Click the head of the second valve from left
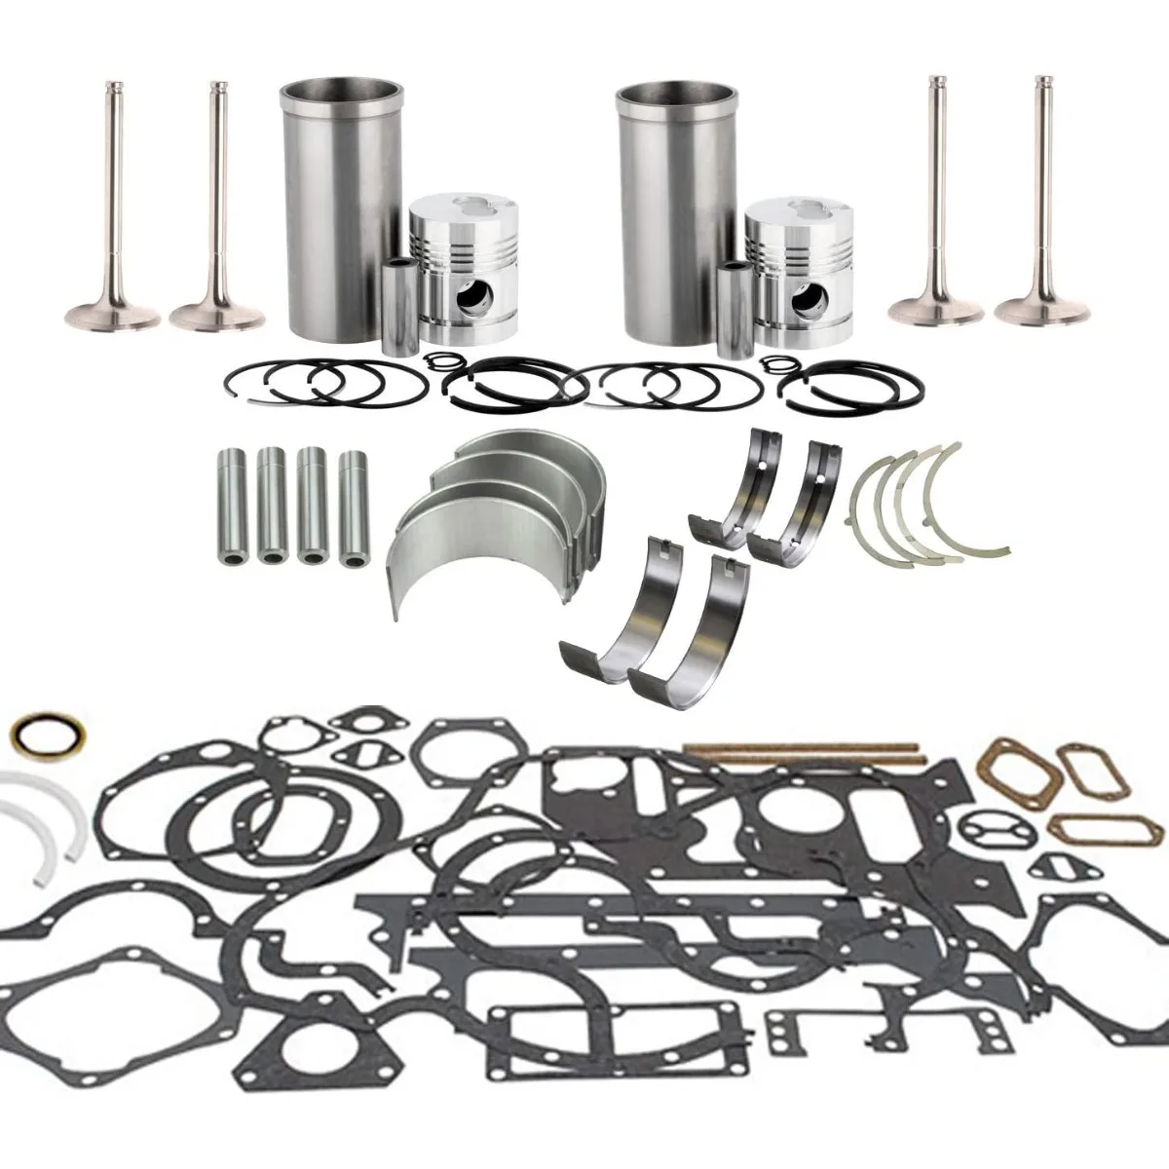[x=216, y=315]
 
